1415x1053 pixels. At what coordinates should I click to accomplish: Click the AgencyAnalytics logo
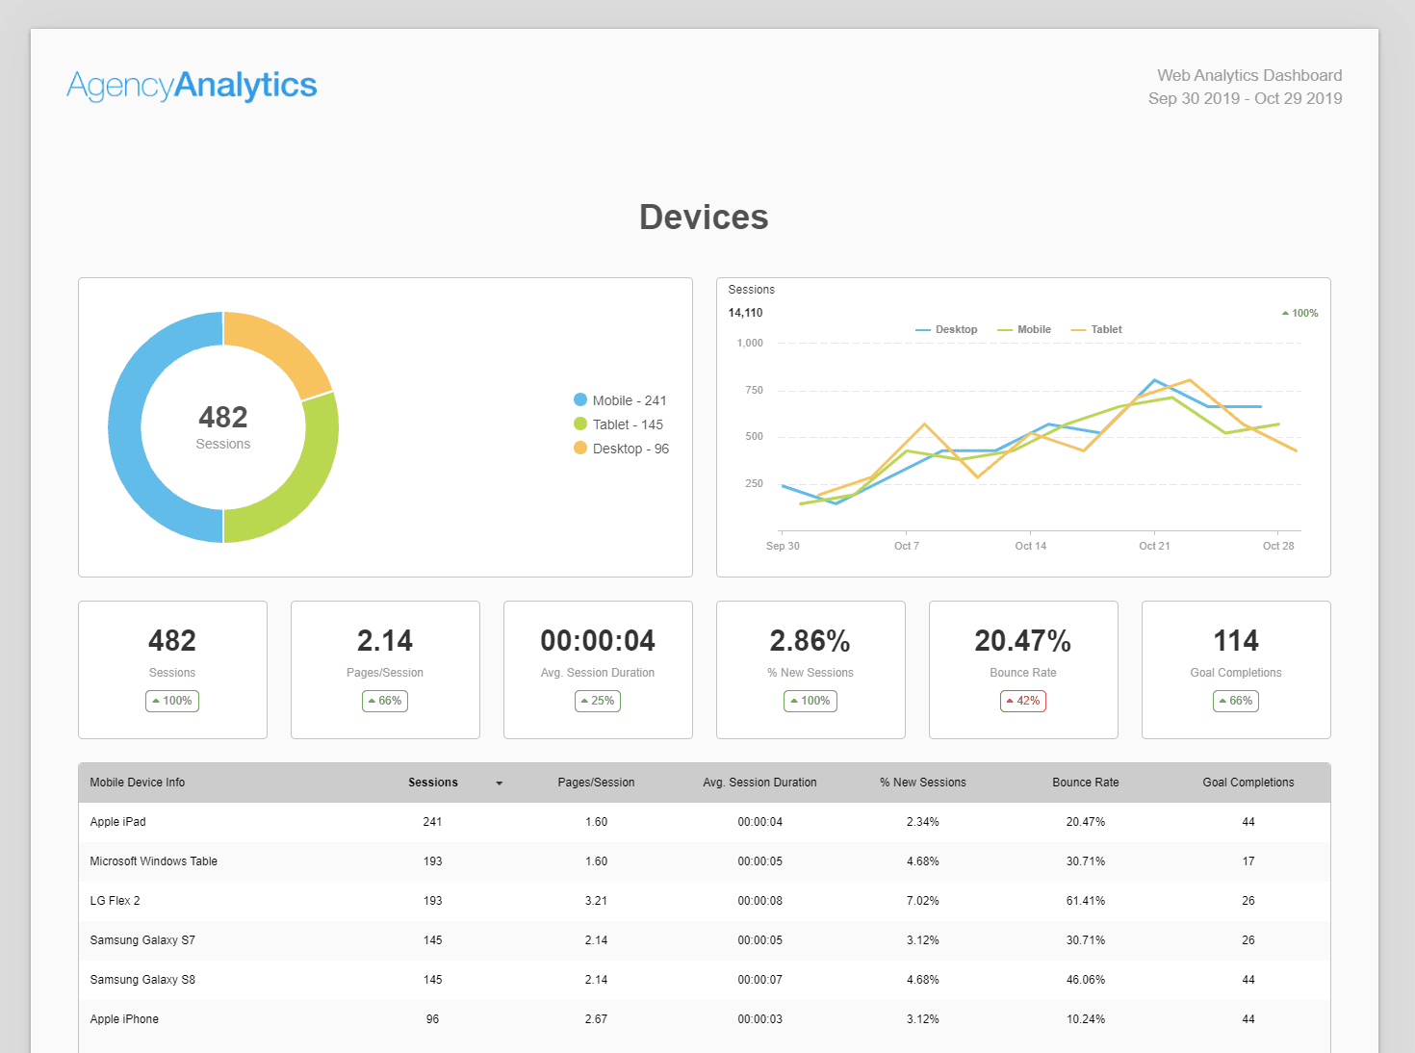point(192,85)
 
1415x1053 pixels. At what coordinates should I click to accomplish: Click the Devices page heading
point(704,218)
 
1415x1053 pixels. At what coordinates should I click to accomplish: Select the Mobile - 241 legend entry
point(620,400)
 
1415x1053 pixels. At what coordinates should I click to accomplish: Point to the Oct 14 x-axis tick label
point(1030,546)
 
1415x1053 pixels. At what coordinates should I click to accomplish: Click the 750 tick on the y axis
point(754,390)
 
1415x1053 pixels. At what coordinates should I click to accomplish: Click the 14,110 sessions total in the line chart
point(745,313)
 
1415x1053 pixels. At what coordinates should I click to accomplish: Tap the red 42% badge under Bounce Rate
point(1023,701)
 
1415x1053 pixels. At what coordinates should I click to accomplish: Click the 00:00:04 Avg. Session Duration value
point(598,641)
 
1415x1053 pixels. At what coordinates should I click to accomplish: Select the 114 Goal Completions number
point(1236,641)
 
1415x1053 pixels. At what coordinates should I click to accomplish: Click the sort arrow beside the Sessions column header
point(499,783)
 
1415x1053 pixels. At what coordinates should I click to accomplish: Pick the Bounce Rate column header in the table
point(1085,783)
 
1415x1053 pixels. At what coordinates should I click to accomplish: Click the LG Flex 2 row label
point(116,901)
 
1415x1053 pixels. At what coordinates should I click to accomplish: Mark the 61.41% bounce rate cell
point(1085,901)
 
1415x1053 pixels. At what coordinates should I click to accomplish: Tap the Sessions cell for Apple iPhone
point(432,1019)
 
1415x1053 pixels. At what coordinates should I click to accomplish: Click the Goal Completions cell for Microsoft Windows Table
point(1248,861)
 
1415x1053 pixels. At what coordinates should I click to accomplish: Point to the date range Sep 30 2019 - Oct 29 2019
point(1245,98)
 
